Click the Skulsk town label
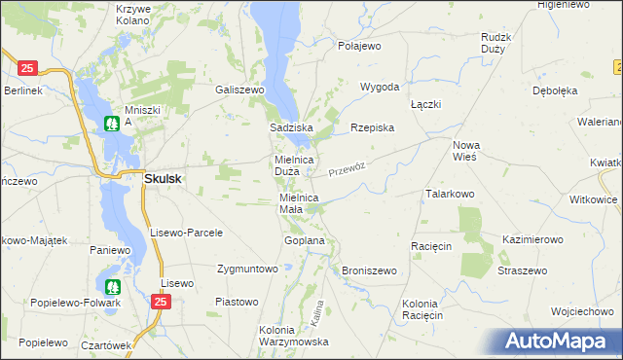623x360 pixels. tap(163, 179)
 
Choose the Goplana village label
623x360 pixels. tap(304, 239)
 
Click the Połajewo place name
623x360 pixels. tap(359, 46)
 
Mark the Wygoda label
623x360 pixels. tap(380, 87)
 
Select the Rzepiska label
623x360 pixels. tap(371, 127)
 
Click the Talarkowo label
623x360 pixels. tap(449, 194)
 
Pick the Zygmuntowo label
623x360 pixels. tap(248, 268)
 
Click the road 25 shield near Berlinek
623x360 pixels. tap(27, 68)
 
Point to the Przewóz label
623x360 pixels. tap(346, 168)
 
